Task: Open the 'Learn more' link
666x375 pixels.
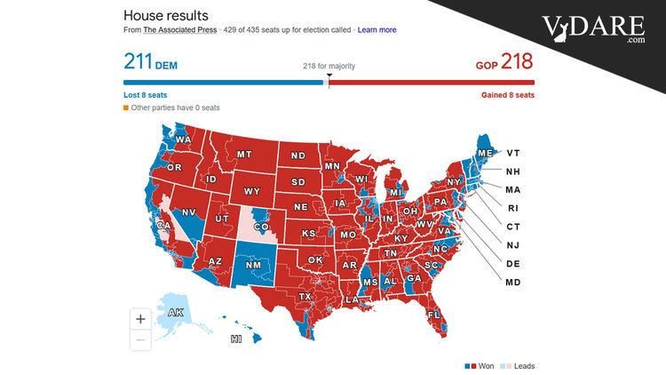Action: pos(377,30)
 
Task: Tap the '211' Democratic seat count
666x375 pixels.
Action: pos(139,61)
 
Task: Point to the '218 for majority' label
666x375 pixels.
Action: pos(329,65)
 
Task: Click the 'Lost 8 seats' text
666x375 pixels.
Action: pos(146,94)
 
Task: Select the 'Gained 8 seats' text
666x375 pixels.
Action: pos(508,94)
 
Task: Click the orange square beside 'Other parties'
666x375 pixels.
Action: pos(126,108)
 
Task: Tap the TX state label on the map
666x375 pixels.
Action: pos(305,296)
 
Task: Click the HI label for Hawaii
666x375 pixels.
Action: pos(236,339)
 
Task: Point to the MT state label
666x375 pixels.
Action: pos(244,155)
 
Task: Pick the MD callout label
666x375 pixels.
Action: pos(513,283)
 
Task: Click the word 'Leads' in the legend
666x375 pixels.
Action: pos(524,365)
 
